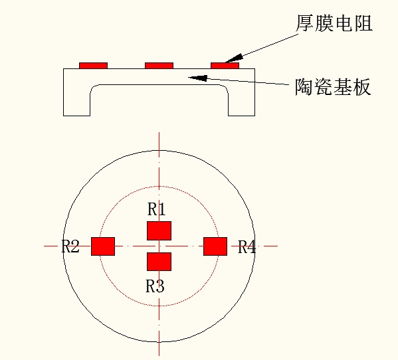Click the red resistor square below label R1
(159, 230)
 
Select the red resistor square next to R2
(103, 246)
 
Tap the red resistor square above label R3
(159, 262)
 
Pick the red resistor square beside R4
(215, 246)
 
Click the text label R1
(157, 209)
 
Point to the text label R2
(70, 246)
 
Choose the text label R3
(155, 286)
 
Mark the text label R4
(247, 246)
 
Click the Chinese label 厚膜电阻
(334, 23)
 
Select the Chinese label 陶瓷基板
(333, 87)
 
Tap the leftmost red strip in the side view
(94, 66)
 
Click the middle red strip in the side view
(159, 66)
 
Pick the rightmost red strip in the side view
(225, 66)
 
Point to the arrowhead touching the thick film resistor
(234, 58)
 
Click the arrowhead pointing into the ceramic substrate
(198, 78)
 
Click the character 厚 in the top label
(305, 23)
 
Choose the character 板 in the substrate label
(361, 87)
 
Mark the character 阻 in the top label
(363, 23)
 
